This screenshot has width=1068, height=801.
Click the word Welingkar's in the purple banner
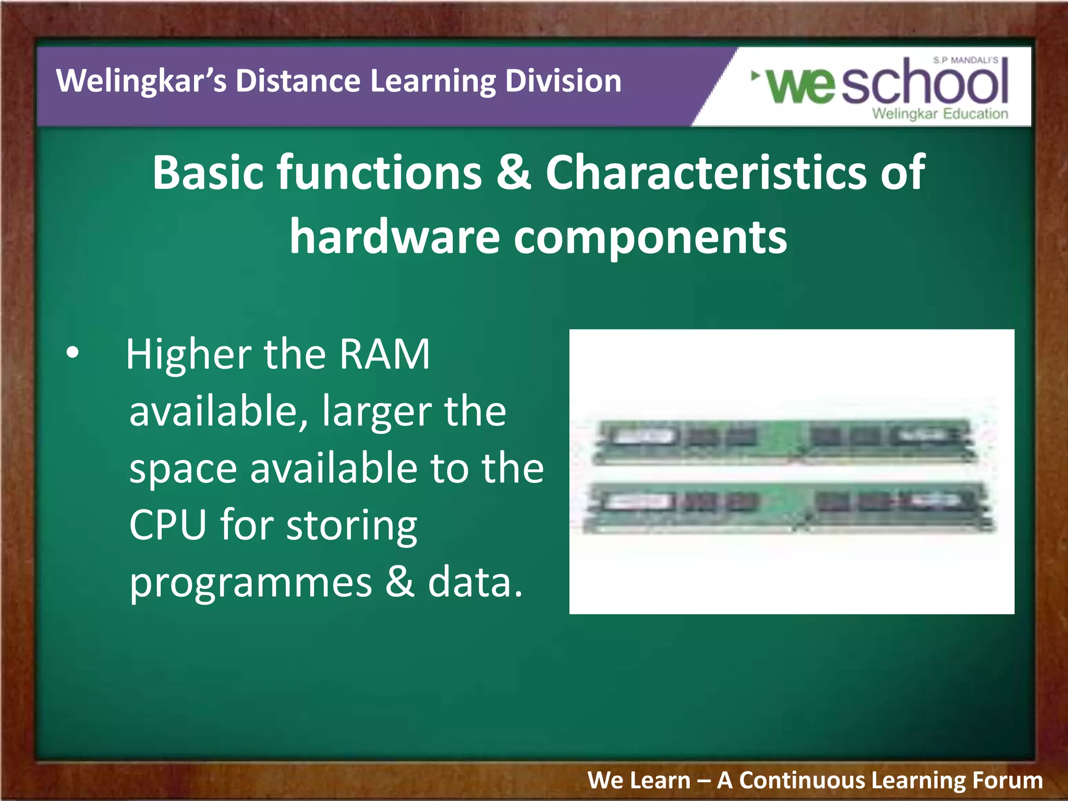[141, 81]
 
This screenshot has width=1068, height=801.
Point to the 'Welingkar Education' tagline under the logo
[940, 114]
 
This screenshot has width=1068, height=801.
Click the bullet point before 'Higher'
[73, 353]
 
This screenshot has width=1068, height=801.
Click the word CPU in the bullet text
[167, 525]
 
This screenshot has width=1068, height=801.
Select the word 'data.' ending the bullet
[475, 582]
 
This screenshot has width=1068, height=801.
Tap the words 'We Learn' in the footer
[639, 781]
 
